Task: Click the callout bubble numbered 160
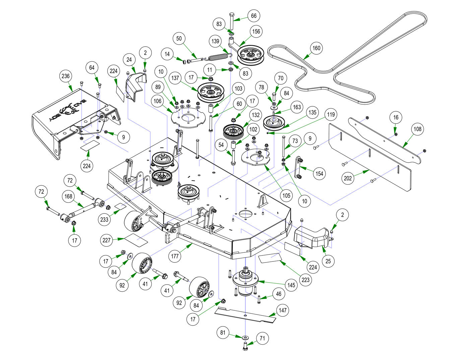(316, 48)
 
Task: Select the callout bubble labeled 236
(65, 76)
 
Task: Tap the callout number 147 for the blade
(283, 310)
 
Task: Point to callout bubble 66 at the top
(254, 16)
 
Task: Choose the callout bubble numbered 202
(348, 178)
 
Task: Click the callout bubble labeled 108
(418, 129)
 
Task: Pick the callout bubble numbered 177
(175, 257)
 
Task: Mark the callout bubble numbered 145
(291, 285)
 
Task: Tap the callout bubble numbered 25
(328, 261)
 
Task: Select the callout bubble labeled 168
(68, 196)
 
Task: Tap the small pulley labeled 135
(276, 123)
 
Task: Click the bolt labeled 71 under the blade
(245, 346)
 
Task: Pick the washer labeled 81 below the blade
(246, 337)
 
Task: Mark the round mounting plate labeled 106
(187, 118)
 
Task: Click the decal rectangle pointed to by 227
(135, 239)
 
